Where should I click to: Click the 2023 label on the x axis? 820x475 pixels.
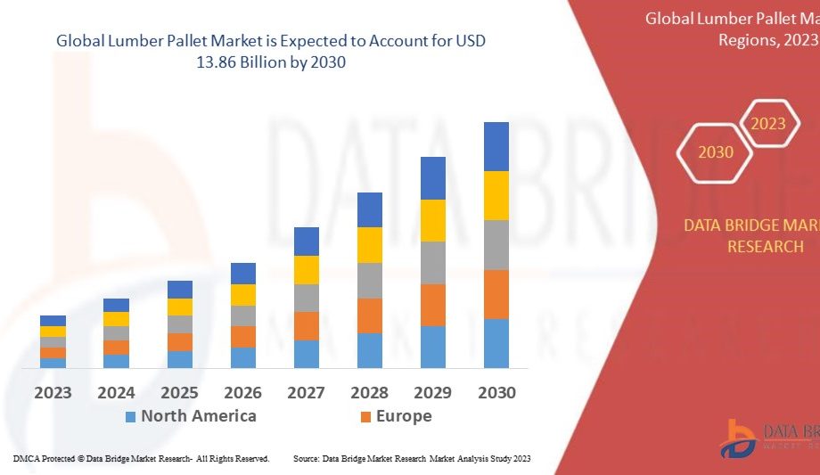pos(53,392)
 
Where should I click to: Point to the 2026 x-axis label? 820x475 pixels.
pos(243,392)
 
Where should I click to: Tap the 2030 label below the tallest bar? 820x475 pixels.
pos(496,392)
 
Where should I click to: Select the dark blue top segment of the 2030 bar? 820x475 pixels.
pos(496,146)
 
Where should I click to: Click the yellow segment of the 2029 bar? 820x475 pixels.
pos(433,220)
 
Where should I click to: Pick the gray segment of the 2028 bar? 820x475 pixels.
pos(370,280)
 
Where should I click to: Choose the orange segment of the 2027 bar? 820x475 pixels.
pos(307,325)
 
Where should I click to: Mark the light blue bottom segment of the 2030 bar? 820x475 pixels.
pos(496,343)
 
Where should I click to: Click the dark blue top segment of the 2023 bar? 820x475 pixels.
pos(53,321)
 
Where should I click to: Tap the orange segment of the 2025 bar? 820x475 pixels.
pos(180,341)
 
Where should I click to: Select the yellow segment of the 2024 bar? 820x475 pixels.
pos(116,318)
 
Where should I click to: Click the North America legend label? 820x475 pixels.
pos(198,416)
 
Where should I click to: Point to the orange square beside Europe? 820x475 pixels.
pos(365,416)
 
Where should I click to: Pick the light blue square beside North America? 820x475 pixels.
pos(130,416)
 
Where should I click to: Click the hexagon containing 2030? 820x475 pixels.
pos(716,152)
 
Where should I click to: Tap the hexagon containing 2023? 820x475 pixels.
pos(768,124)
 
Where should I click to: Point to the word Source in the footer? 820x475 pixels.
pos(307,458)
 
